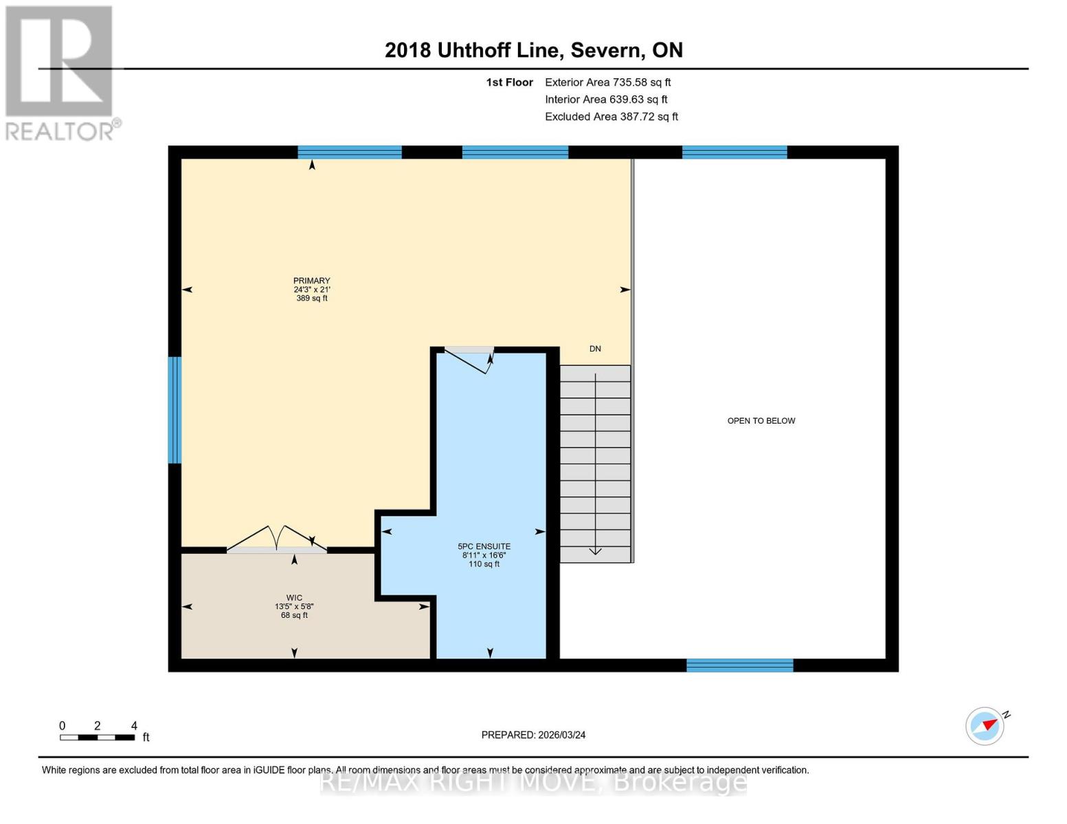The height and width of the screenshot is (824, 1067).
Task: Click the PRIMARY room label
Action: [x=311, y=281]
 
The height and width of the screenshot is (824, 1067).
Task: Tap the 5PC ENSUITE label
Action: [x=484, y=547]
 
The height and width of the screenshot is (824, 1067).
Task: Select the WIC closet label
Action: [x=294, y=598]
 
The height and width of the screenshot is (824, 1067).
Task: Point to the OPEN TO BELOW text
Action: [x=761, y=421]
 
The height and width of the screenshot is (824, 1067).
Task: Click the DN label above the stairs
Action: [x=595, y=349]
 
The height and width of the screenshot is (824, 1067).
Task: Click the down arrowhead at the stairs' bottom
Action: [x=595, y=551]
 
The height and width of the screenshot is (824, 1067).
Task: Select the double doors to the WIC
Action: [x=277, y=540]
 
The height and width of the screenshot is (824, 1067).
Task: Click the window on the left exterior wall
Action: [x=175, y=410]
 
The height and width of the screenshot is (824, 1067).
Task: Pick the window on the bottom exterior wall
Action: [x=739, y=665]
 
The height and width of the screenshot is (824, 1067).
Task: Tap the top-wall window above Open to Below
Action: [x=734, y=152]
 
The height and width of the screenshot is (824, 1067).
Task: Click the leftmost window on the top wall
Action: [x=349, y=152]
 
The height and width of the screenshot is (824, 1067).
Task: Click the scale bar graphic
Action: [x=97, y=737]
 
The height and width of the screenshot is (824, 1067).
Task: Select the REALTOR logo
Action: [x=60, y=73]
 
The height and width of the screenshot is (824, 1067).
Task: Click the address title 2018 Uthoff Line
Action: [x=533, y=50]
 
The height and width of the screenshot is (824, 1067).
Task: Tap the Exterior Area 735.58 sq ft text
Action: [x=607, y=82]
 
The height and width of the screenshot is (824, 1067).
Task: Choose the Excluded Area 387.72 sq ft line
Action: [x=611, y=117]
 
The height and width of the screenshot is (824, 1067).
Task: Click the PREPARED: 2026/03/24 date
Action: [x=533, y=735]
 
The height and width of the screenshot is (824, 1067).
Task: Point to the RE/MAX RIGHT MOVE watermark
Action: [x=533, y=782]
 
